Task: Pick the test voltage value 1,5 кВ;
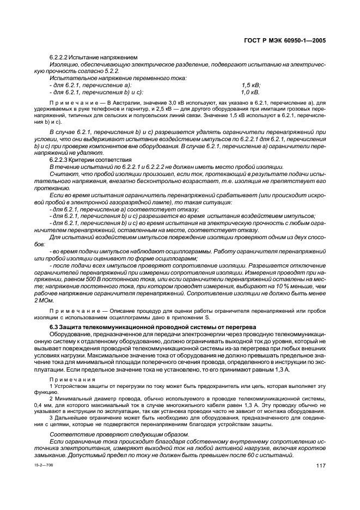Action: coord(251,85)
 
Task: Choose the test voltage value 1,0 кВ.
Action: coord(251,92)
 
